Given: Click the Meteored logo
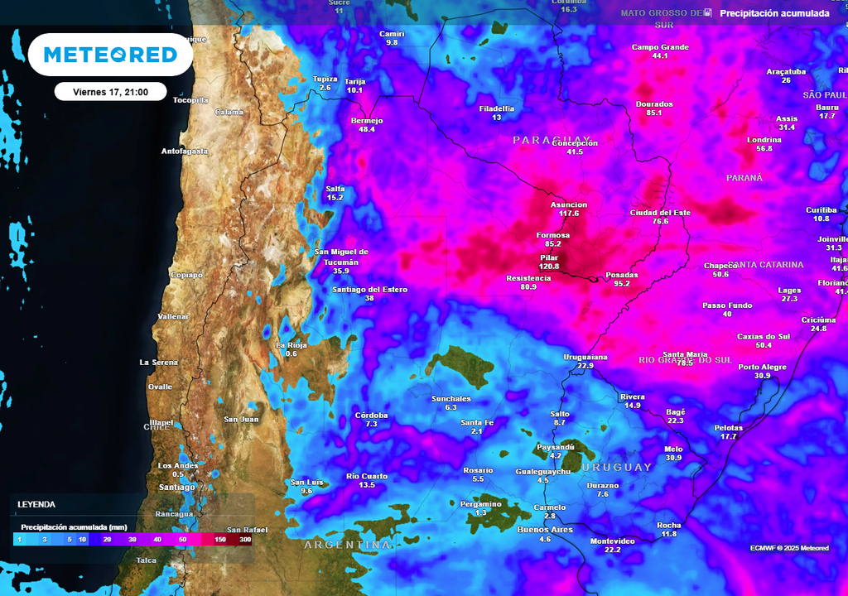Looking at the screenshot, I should [110, 55].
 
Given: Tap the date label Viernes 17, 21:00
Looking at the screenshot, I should [110, 92].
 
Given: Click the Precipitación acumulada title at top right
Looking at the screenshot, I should [774, 13].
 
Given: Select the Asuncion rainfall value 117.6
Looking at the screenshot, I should [569, 214].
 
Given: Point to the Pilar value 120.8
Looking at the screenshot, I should [549, 267].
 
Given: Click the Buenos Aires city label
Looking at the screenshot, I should [545, 529].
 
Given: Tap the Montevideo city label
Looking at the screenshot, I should [613, 541].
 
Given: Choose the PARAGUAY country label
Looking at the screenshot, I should [552, 140].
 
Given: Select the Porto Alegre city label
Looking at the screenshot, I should [762, 366].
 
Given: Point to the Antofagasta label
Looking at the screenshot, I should [185, 151].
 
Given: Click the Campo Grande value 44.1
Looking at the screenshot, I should [660, 56].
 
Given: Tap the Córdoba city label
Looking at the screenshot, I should [371, 416].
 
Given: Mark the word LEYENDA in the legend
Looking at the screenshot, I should [37, 504].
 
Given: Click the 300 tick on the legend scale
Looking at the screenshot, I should [245, 539].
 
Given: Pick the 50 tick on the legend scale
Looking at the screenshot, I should [181, 539].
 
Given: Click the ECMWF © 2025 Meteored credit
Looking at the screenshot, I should [789, 548].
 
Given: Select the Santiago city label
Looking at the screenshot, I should [176, 488].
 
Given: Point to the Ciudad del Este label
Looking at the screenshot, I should [660, 213].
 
